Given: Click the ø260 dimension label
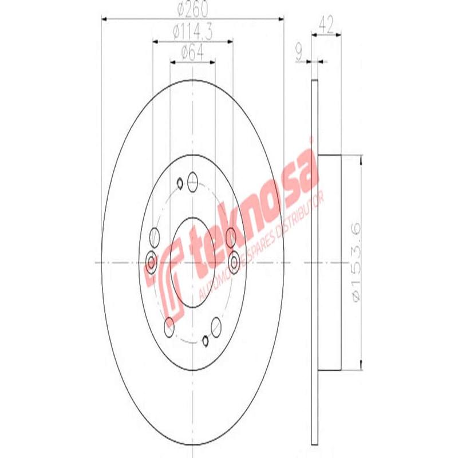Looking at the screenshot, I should (192, 10).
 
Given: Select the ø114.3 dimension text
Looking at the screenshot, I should (192, 33).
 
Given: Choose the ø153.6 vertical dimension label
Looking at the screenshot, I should (356, 263).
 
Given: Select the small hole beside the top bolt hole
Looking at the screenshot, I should (179, 183).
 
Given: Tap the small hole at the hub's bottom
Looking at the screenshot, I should (206, 342).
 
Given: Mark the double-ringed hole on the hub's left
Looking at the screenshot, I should (151, 263).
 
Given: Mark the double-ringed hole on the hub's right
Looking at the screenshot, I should (234, 262).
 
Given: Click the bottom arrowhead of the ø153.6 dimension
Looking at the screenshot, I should (361, 366).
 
